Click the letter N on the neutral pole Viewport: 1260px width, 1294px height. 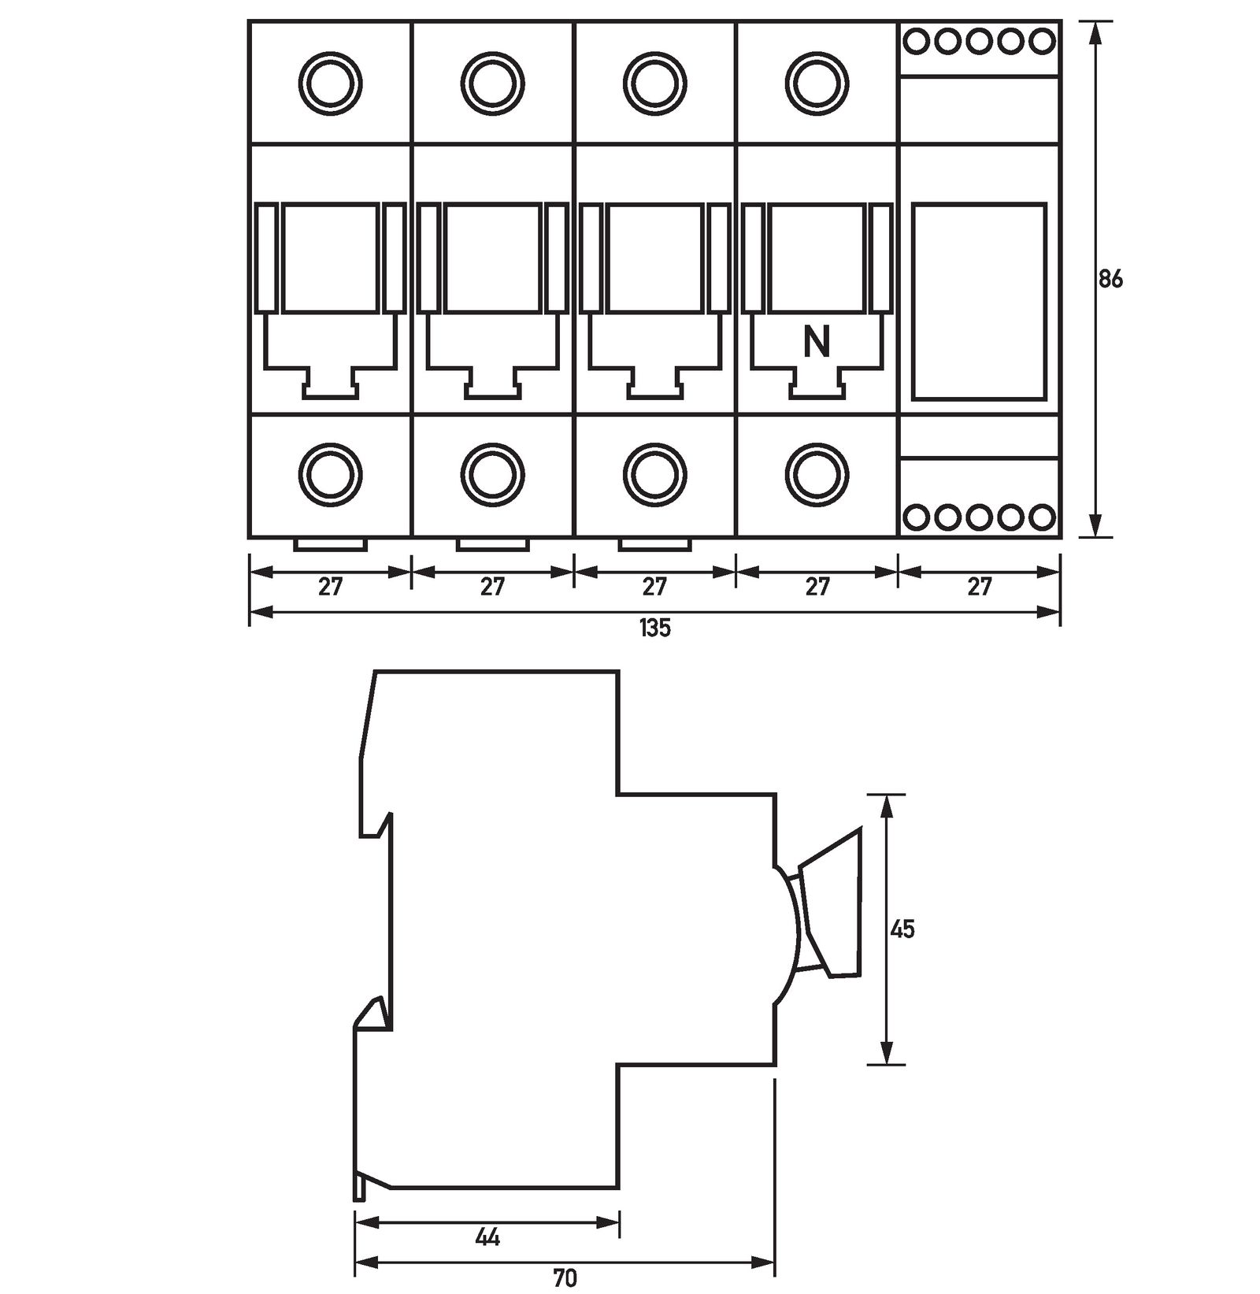pos(817,342)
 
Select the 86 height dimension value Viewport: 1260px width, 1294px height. pos(1110,279)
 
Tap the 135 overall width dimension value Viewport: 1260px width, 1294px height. pos(654,628)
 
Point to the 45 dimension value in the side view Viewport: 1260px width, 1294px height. pos(902,929)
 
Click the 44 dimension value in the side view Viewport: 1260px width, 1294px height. pos(488,1237)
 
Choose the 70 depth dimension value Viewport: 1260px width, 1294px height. pos(565,1277)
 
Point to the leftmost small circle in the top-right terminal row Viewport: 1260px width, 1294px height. pos(917,41)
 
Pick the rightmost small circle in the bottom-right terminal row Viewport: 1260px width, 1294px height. pos(1042,517)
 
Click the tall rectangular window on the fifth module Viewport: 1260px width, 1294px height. pos(979,301)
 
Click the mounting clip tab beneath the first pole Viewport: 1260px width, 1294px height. pos(331,544)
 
